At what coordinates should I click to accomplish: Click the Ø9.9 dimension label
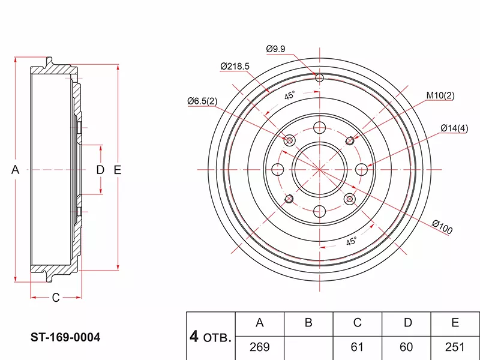[275, 49]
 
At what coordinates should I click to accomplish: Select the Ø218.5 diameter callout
[235, 66]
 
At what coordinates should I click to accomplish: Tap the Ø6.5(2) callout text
[202, 101]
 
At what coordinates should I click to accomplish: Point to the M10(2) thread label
[440, 95]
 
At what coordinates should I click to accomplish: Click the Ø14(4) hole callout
[454, 128]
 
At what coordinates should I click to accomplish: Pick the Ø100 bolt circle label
[442, 227]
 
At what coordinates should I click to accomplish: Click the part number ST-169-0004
[65, 337]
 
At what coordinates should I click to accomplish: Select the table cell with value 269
[260, 347]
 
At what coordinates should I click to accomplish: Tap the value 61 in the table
[357, 347]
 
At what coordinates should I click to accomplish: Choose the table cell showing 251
[455, 347]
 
